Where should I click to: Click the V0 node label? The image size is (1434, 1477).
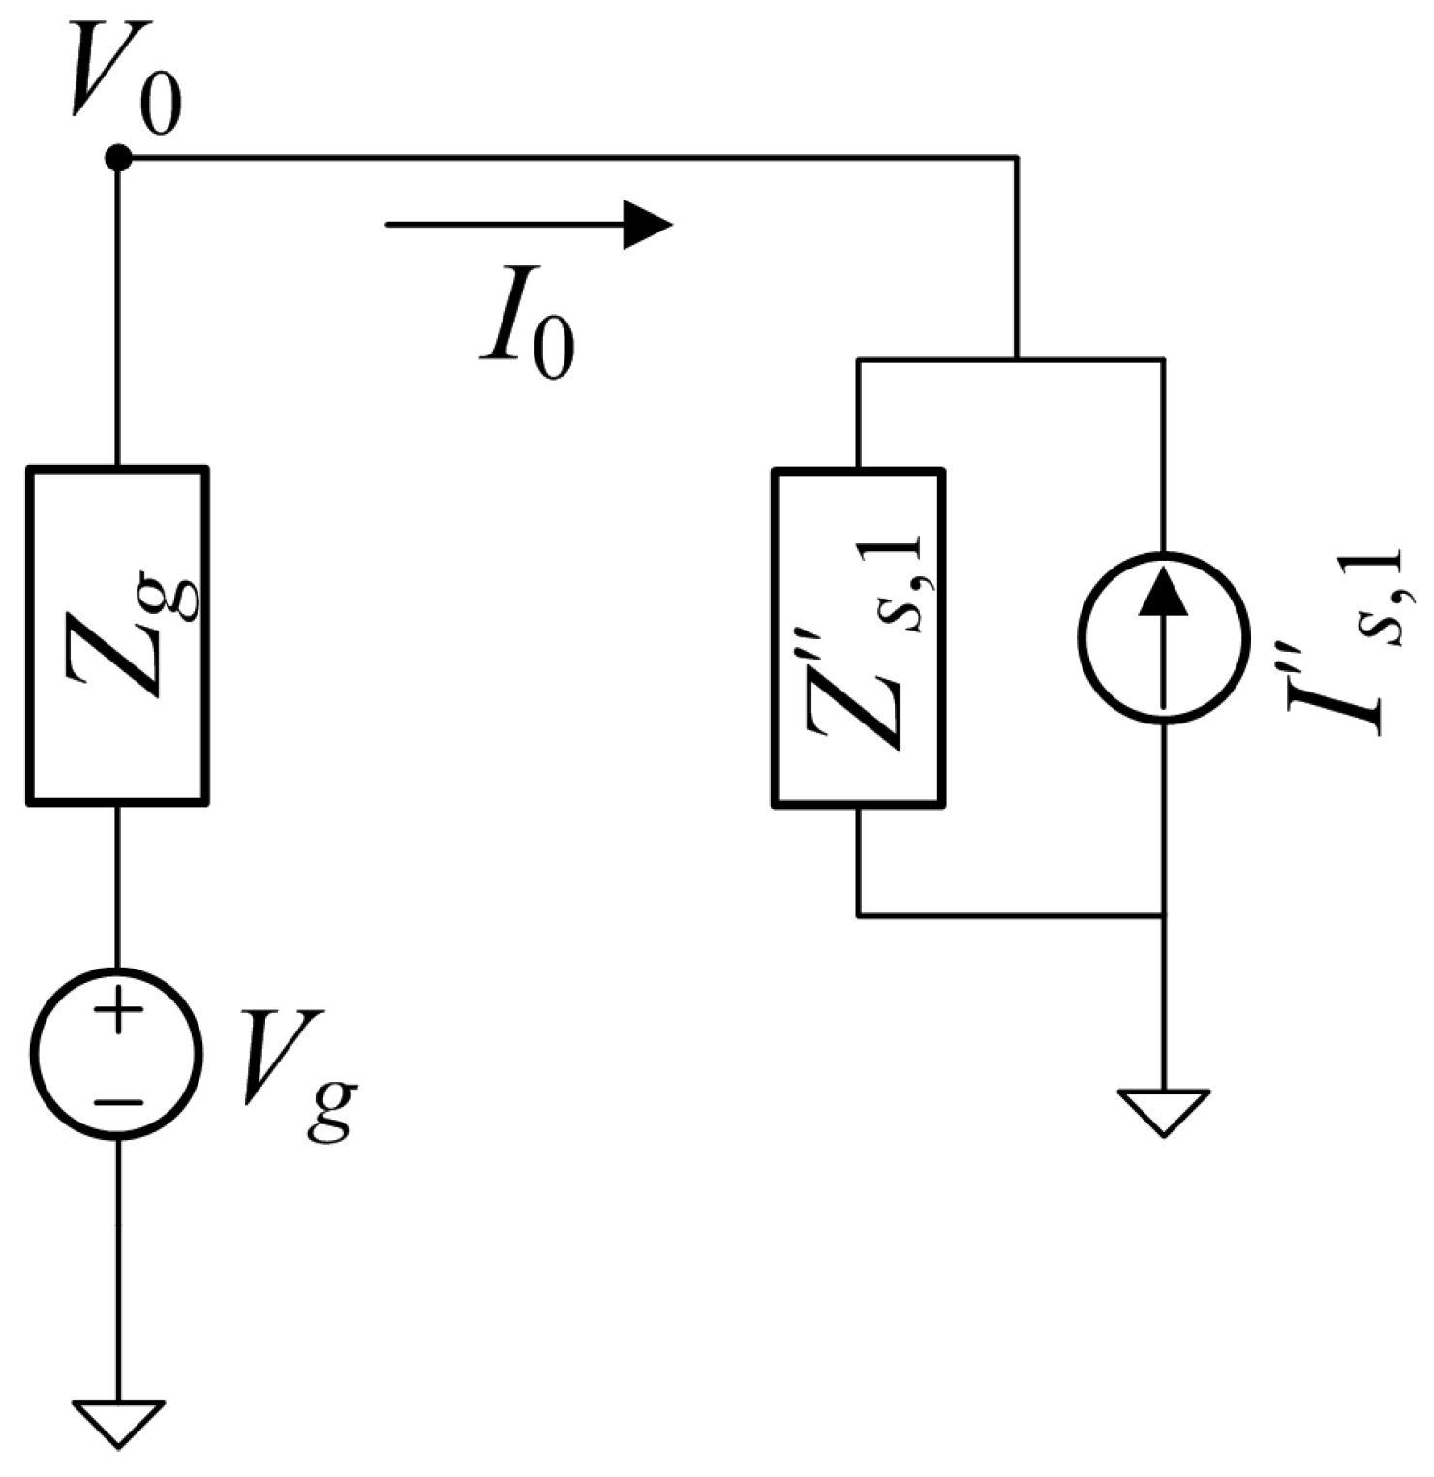click(x=124, y=82)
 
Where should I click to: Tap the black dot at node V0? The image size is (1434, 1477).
click(x=118, y=157)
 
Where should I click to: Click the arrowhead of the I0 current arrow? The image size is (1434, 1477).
click(x=646, y=225)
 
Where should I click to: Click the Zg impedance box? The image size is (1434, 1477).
click(x=117, y=635)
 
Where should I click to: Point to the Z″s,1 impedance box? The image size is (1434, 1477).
click(x=858, y=637)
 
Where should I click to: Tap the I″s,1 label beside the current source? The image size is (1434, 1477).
click(x=1346, y=639)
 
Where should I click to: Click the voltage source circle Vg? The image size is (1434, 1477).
click(x=117, y=1053)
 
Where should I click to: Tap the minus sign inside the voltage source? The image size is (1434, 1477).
click(x=118, y=1101)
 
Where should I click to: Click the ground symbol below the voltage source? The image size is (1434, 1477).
click(x=118, y=1422)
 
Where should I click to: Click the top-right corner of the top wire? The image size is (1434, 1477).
click(x=1017, y=157)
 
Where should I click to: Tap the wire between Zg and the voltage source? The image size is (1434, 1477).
click(x=118, y=886)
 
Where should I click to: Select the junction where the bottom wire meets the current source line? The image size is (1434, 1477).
click(x=1163, y=914)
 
